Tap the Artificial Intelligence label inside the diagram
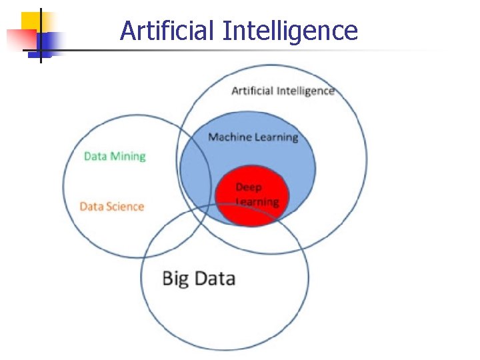pos(283,91)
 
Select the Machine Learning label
pos(253,137)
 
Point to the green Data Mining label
pos(115,157)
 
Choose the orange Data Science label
pos(111,207)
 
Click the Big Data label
pos(199,277)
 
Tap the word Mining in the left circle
pos(129,157)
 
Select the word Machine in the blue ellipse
pos(230,137)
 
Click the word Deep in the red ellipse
pos(249,187)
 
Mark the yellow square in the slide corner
pos(30,21)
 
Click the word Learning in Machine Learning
pos(277,138)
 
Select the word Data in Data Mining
pos(95,157)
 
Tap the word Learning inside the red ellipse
pos(257,201)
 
